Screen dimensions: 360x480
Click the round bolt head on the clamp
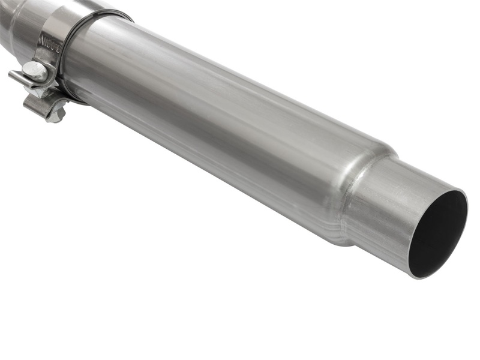pyautogui.click(x=35, y=71)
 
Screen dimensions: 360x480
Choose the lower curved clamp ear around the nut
pyautogui.click(x=45, y=107)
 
